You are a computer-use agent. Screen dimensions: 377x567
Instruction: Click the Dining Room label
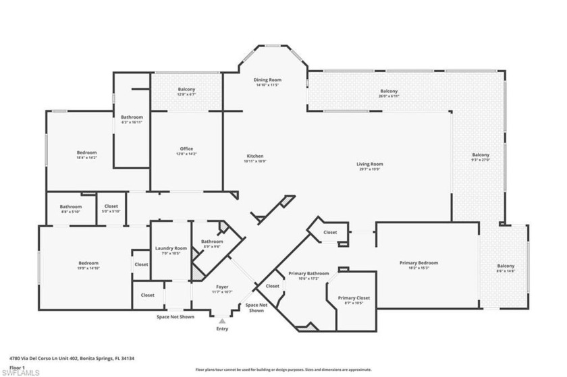(267, 81)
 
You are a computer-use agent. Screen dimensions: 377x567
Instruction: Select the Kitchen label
(254, 156)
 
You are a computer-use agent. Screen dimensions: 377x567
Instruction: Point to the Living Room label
(370, 164)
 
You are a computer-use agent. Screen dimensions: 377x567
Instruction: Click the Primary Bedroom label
(418, 262)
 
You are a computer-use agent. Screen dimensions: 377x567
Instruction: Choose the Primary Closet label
(354, 297)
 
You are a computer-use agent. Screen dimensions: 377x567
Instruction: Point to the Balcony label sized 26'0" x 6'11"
(389, 91)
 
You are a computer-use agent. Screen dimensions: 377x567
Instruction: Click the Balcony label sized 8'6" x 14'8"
(506, 266)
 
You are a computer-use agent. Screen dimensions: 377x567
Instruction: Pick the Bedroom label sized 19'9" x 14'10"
(88, 263)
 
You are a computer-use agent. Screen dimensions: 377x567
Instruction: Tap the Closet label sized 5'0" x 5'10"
(111, 206)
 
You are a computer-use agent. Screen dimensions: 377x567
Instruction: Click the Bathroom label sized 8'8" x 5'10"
(70, 206)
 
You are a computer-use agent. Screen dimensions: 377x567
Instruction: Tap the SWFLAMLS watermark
(22, 372)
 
